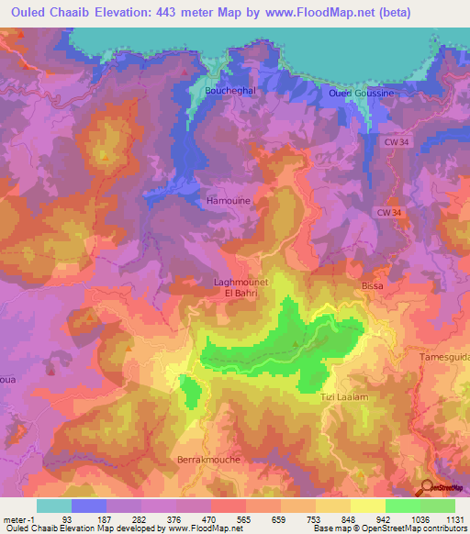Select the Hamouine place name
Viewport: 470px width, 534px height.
(229, 200)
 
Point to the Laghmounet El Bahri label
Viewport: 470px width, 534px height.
(241, 288)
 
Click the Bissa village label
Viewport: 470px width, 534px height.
(372, 286)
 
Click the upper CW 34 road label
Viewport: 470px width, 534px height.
(397, 141)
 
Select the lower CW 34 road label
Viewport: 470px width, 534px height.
(389, 212)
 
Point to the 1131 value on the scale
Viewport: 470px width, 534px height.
(454, 520)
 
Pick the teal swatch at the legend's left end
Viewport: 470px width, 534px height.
(54, 506)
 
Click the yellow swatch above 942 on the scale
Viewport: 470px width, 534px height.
(367, 506)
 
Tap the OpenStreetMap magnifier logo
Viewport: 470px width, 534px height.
(427, 488)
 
